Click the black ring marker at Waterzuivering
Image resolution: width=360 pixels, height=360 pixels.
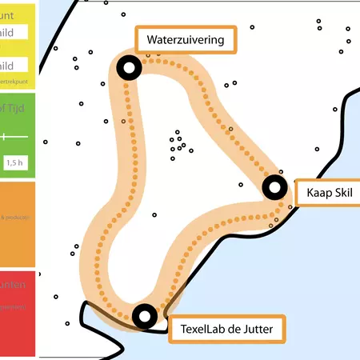click(128, 69)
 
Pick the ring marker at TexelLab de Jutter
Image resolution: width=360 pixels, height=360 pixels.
click(144, 317)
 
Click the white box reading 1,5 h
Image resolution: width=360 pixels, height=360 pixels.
click(14, 162)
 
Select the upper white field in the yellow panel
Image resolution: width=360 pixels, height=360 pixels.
click(14, 32)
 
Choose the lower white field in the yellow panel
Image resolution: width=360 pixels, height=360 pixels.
click(14, 66)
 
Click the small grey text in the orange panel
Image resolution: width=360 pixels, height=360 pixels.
click(16, 217)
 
